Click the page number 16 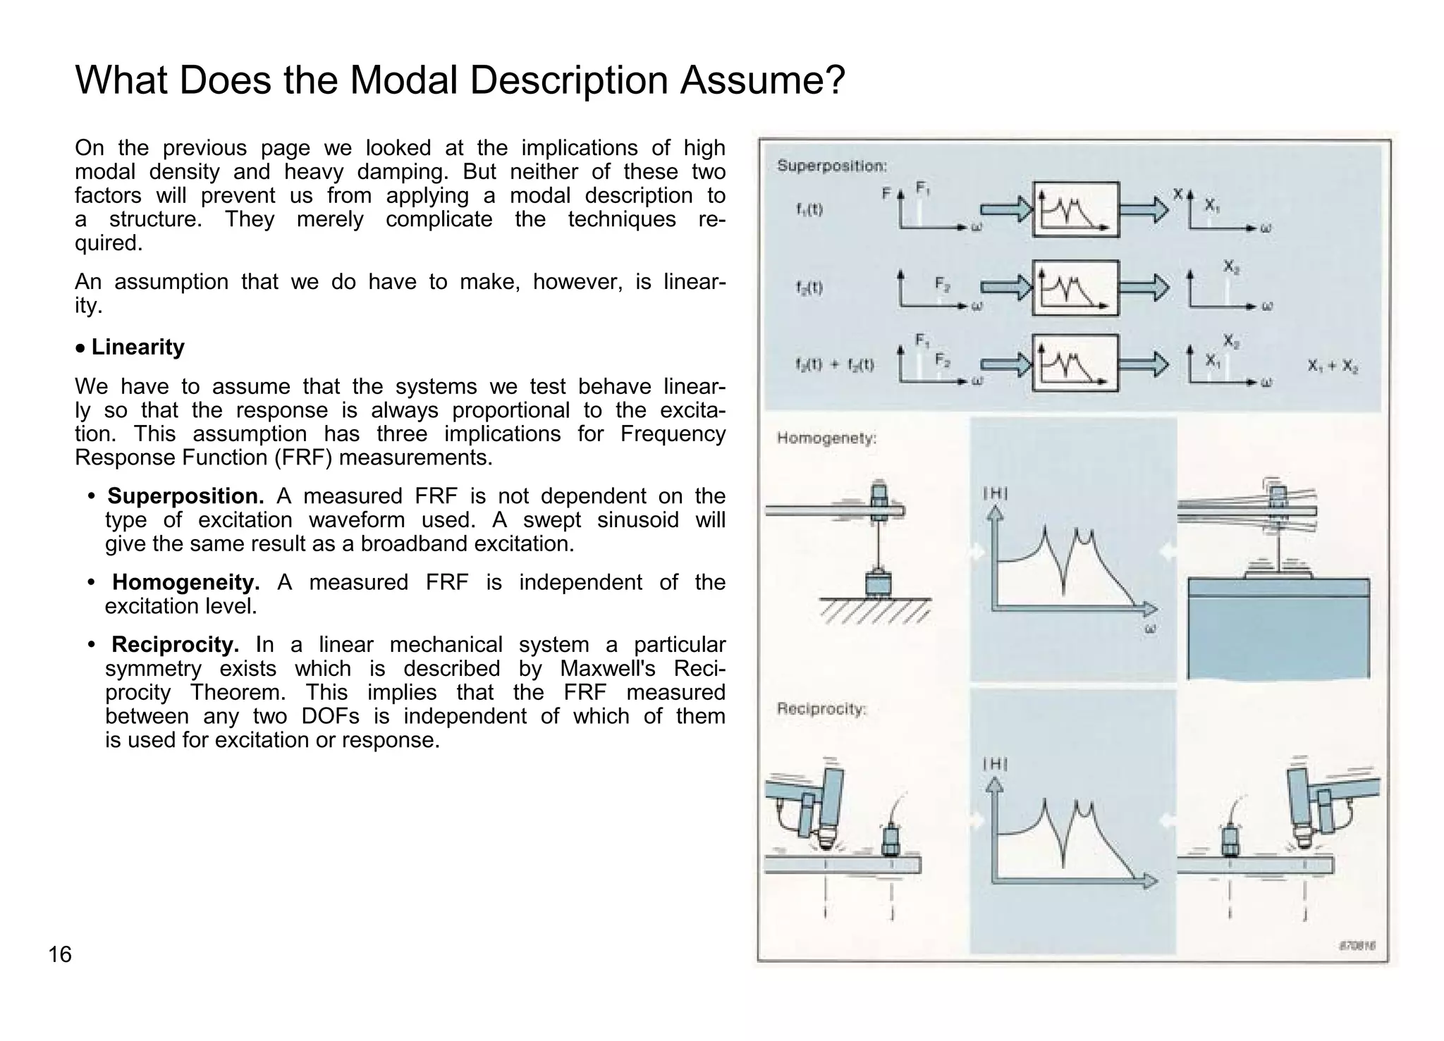[x=60, y=954]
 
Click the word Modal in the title [x=404, y=80]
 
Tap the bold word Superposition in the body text [x=185, y=496]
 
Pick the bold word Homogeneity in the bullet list [x=186, y=582]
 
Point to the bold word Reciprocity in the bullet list [x=176, y=645]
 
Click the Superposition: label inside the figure [x=832, y=166]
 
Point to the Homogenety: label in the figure [x=826, y=438]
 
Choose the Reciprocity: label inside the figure [x=821, y=709]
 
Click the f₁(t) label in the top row [x=809, y=209]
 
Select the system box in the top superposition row [x=1075, y=209]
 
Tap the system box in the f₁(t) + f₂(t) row [x=1075, y=363]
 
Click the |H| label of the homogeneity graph [x=995, y=494]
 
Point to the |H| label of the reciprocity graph [x=995, y=765]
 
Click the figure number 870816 [x=1357, y=945]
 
